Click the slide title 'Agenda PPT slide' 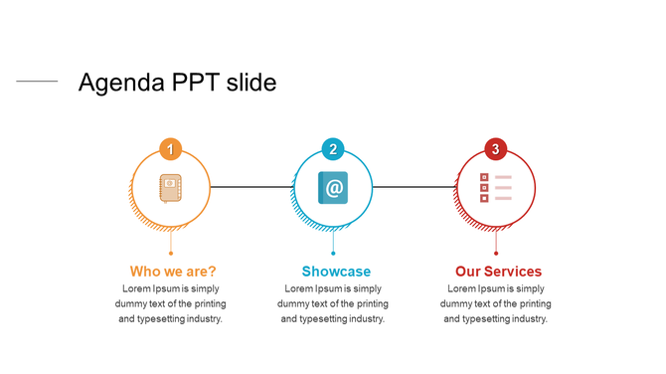(177, 83)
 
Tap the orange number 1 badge (171, 150)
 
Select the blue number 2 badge (333, 150)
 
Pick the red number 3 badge (495, 150)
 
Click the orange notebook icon (171, 187)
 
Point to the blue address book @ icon (333, 187)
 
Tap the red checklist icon (495, 187)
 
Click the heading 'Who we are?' (173, 272)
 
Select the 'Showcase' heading (336, 272)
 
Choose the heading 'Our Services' (498, 272)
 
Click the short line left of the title (37, 82)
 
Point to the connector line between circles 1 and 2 (252, 187)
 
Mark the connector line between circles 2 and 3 (414, 187)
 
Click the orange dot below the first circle (171, 254)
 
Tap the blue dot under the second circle (333, 254)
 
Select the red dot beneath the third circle (495, 254)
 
